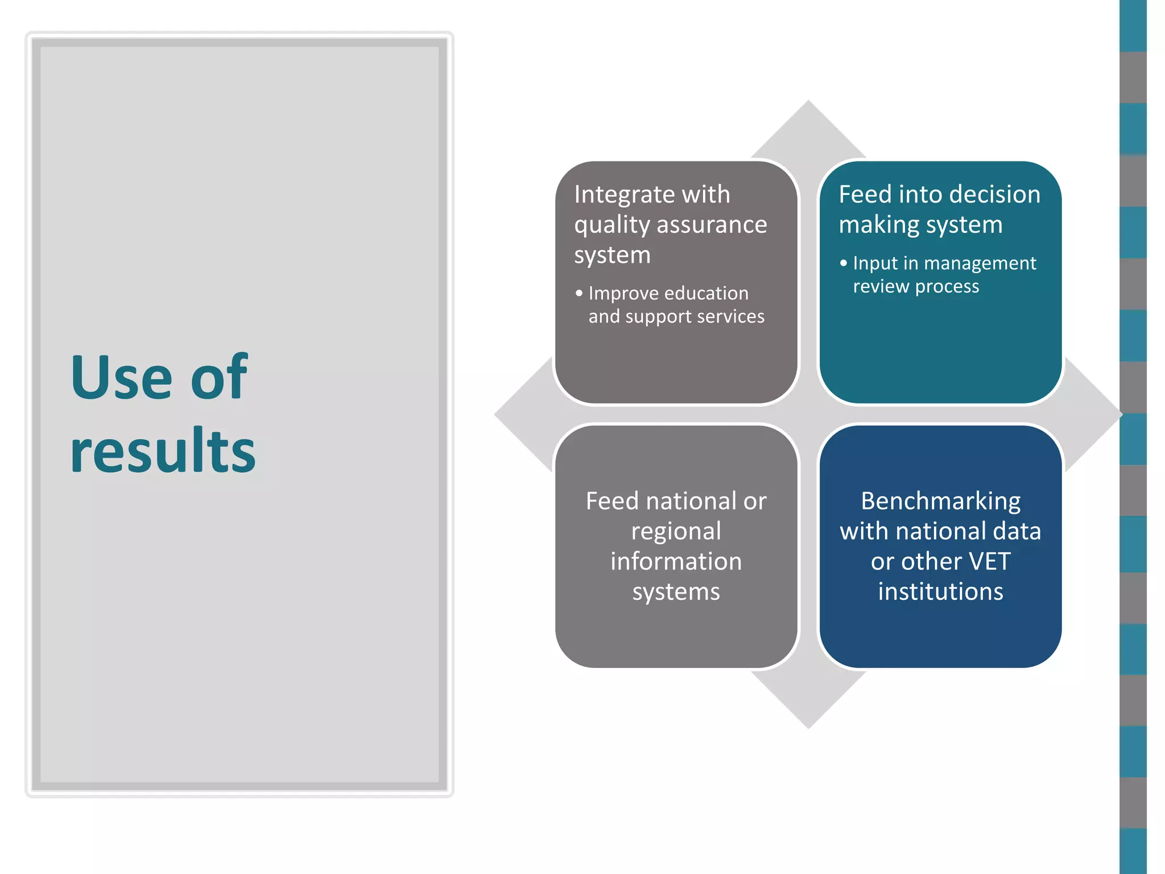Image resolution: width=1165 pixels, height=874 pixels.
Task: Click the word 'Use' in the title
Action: pos(121,378)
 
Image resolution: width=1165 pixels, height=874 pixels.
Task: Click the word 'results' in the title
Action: pos(163,451)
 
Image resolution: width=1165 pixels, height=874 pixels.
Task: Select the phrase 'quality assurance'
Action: pos(670,225)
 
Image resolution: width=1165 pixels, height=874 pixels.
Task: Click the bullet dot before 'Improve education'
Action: pos(579,294)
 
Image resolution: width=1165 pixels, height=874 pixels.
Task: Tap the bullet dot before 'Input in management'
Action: pos(843,263)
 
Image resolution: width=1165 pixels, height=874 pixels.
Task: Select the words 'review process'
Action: pos(916,286)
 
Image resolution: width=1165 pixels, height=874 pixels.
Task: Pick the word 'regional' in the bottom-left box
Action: pos(676,531)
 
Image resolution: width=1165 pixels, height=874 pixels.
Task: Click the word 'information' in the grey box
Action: pos(676,562)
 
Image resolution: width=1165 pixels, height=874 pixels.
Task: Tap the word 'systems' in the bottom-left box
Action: pos(676,592)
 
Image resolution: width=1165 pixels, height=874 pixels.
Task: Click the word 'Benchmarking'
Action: pos(940,501)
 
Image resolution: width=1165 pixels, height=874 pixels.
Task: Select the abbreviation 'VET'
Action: pos(989,562)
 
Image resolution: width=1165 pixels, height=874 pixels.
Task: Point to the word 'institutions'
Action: pos(940,592)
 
